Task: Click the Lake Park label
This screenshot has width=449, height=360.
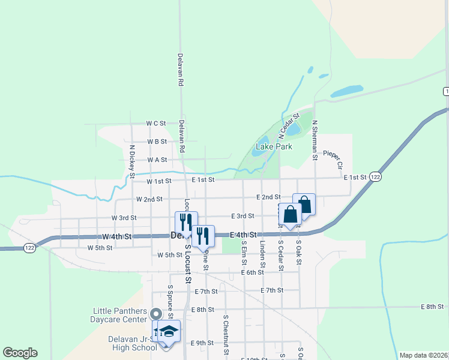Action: tap(274, 146)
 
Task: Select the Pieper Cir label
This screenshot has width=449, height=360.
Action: tap(333, 159)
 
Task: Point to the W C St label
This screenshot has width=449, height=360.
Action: tap(155, 123)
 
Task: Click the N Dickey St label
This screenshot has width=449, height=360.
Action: tap(131, 161)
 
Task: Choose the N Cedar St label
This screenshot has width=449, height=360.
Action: tap(289, 122)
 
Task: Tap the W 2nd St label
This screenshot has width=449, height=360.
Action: tap(149, 199)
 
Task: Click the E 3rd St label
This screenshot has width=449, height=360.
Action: tap(243, 216)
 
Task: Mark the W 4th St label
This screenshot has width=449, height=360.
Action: tap(117, 237)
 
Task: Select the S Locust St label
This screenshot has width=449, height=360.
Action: tap(188, 263)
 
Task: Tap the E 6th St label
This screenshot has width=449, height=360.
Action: tap(252, 272)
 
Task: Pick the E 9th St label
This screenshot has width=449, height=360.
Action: tap(202, 343)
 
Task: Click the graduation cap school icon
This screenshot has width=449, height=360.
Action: tap(169, 331)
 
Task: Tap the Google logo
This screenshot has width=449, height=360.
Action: tap(20, 353)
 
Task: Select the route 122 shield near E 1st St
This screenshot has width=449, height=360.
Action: tap(375, 177)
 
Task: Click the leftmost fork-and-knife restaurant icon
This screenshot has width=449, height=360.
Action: tap(186, 221)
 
